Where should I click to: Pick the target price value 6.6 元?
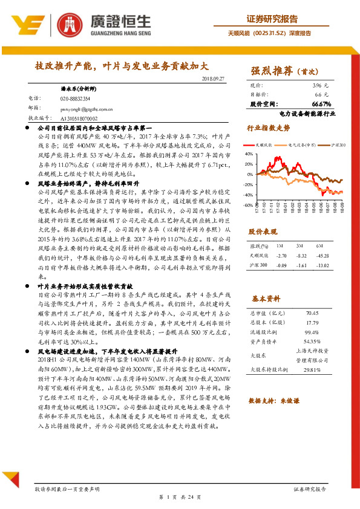(x=322, y=95)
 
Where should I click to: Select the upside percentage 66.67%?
(x=319, y=104)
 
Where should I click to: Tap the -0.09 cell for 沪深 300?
(x=280, y=265)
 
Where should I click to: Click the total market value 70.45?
(x=312, y=313)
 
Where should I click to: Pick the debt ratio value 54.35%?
(x=312, y=342)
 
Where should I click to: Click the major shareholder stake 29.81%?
(x=312, y=369)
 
